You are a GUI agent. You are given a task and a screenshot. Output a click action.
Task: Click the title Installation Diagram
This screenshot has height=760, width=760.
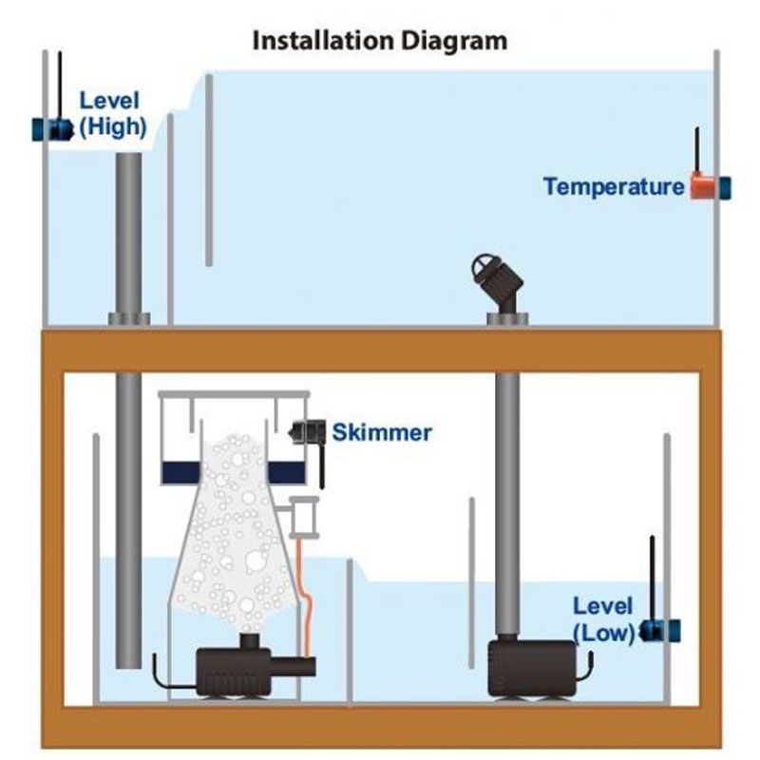pos(379,41)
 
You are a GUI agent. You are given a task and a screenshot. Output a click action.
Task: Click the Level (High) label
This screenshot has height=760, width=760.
pos(113,113)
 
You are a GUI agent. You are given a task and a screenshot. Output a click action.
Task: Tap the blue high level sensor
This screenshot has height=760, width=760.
pos(52,129)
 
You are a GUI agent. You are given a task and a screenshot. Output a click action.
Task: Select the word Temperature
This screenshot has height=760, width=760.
pos(613,186)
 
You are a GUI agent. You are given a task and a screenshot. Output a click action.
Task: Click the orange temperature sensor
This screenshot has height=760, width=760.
pos(704,186)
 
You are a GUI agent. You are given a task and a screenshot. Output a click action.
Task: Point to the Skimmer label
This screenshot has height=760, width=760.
pos(381,433)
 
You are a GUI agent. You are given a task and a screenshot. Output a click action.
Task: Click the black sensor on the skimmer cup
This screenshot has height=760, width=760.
pos(308,432)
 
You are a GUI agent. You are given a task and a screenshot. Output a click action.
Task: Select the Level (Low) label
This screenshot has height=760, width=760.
pos(603,618)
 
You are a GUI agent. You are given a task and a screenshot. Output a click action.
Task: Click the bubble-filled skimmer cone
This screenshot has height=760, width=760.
pos(228,541)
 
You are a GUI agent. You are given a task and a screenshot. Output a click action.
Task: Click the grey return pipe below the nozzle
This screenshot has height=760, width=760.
pos(508,494)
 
